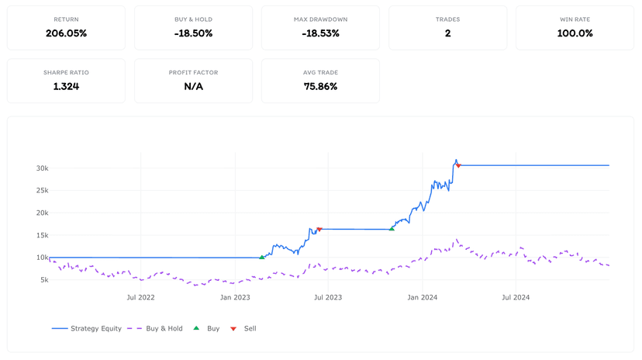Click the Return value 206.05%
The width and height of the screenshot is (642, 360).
pos(67,33)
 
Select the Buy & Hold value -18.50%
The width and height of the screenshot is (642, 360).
pos(193,33)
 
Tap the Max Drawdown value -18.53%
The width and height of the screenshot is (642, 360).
pos(320,33)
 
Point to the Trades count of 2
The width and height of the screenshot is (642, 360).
pos(448,33)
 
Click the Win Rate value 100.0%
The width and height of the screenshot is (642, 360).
pos(575,33)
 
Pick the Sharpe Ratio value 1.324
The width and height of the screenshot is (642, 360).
pos(67,86)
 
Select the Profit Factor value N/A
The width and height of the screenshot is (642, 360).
pos(193,86)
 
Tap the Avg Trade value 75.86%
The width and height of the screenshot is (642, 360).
pos(320,86)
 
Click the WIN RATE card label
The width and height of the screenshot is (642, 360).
pos(575,19)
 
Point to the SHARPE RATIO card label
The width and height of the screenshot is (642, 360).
pos(67,72)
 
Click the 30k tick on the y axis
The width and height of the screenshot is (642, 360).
pos(42,168)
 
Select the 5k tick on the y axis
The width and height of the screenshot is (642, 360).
pos(44,280)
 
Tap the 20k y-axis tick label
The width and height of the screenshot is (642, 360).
pos(42,213)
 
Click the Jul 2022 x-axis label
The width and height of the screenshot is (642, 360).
pos(140,297)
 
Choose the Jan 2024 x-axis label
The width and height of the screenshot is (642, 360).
pos(422,297)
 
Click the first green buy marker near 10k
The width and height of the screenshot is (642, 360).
pos(262,258)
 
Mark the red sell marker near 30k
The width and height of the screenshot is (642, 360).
pos(458,166)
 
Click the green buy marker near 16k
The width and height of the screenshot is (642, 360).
pos(392,229)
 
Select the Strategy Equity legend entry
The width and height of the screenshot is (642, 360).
pos(86,328)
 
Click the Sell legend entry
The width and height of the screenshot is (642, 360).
pos(243,328)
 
